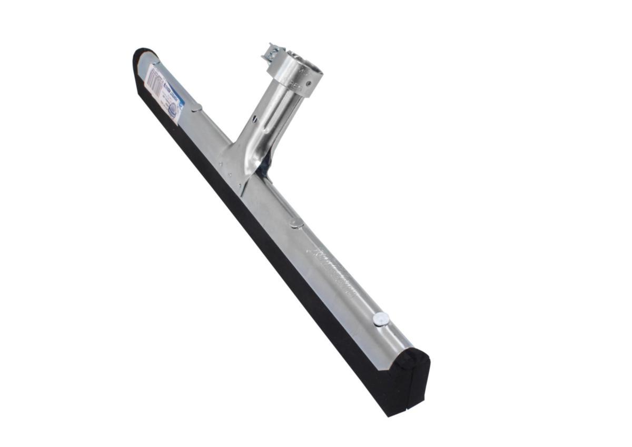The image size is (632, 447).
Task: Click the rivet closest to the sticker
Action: pos(196,108)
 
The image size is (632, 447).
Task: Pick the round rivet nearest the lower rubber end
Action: pos(381,319)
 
